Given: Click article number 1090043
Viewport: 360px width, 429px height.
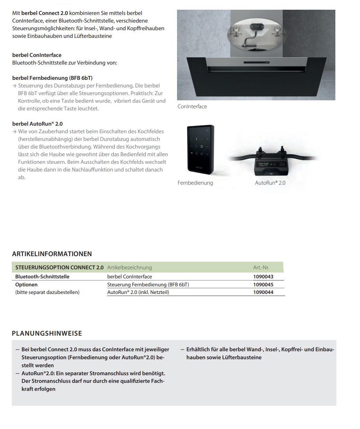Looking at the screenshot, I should (x=263, y=277).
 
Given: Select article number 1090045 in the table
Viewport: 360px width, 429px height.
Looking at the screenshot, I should (x=263, y=285).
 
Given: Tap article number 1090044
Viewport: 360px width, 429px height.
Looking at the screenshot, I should (x=263, y=292).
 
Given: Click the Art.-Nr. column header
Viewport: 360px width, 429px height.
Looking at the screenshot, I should (x=261, y=268).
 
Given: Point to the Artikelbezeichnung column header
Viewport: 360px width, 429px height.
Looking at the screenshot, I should (x=129, y=268).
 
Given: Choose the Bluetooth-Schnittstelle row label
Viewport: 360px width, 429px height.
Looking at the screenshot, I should (x=42, y=277).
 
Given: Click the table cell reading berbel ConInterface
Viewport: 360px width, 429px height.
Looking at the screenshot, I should (x=129, y=277).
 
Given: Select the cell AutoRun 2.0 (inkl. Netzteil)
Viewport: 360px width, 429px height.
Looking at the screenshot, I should (x=138, y=292).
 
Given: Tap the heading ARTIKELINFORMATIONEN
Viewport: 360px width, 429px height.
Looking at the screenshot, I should (x=52, y=254).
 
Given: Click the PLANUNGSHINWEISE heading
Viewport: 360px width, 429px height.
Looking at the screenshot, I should (x=47, y=334).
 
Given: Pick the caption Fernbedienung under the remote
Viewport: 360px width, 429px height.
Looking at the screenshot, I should (x=195, y=183).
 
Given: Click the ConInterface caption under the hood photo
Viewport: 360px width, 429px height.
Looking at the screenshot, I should (x=192, y=107).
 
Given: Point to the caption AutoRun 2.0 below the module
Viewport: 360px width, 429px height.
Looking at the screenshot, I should (x=270, y=183).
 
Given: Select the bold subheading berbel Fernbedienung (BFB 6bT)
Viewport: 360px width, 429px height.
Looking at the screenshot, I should (x=52, y=78).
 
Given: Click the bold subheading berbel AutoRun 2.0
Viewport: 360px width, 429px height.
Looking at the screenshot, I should (x=37, y=124).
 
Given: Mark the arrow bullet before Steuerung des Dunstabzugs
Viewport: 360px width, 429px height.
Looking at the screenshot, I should (x=15, y=86).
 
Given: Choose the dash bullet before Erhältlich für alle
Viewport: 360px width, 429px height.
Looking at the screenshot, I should (x=182, y=350).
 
